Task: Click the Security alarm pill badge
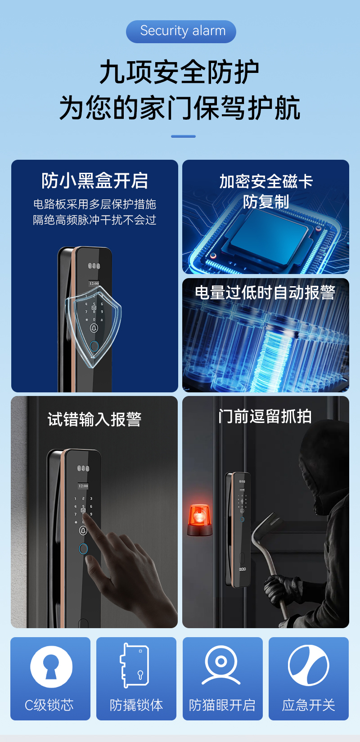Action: coord(181,31)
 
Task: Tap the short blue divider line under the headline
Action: coord(183,136)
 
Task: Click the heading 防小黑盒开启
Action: coord(94,180)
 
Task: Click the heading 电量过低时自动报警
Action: coord(265,292)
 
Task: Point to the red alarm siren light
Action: coord(199,519)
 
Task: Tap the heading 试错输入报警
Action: coord(94,419)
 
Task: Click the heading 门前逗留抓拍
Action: coord(265,416)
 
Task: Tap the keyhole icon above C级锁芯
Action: coord(51,667)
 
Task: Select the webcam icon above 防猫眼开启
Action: coord(221,666)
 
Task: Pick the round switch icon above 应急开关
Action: coord(308,665)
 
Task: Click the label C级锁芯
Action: coord(49,705)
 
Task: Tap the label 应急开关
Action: coord(308,705)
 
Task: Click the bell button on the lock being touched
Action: coord(83,531)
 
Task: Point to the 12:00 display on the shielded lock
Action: coord(94,283)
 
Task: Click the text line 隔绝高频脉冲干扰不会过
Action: coord(94,220)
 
